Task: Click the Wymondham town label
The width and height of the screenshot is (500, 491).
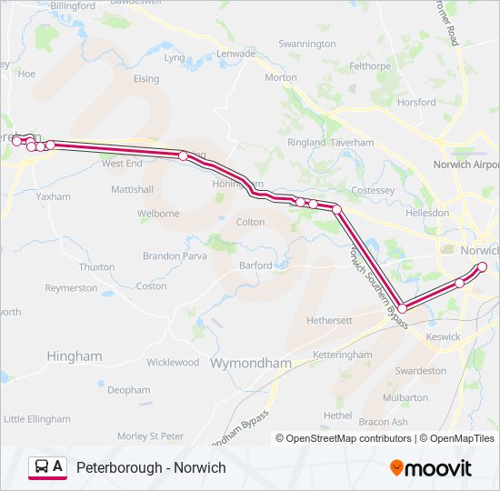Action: pyautogui.click(x=251, y=363)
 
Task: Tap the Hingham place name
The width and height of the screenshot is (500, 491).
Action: pyautogui.click(x=75, y=356)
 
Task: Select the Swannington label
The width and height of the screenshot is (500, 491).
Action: pyautogui.click(x=306, y=44)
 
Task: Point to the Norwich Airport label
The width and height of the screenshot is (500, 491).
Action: pyautogui.click(x=465, y=165)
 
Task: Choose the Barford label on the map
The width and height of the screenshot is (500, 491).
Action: pyautogui.click(x=255, y=266)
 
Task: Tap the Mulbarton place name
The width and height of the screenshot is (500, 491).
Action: pyautogui.click(x=405, y=397)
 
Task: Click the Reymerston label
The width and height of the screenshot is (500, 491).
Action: pyautogui.click(x=71, y=287)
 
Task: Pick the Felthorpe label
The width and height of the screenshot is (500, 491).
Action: pyautogui.click(x=369, y=66)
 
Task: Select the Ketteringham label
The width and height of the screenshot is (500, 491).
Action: pyautogui.click(x=342, y=355)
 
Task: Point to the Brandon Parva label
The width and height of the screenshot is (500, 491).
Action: pyautogui.click(x=175, y=256)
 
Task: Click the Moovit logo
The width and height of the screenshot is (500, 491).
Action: pyautogui.click(x=431, y=467)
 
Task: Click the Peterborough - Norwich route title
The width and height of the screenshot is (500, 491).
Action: pyautogui.click(x=151, y=467)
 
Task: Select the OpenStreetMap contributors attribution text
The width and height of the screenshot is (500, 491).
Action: pyautogui.click(x=345, y=438)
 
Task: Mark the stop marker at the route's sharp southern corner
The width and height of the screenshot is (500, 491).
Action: pyautogui.click(x=402, y=309)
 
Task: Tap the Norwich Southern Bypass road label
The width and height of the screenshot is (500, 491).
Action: pyautogui.click(x=375, y=273)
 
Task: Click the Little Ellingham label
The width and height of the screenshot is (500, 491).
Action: pyautogui.click(x=37, y=419)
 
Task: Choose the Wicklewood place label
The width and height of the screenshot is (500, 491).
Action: pyautogui.click(x=173, y=362)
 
